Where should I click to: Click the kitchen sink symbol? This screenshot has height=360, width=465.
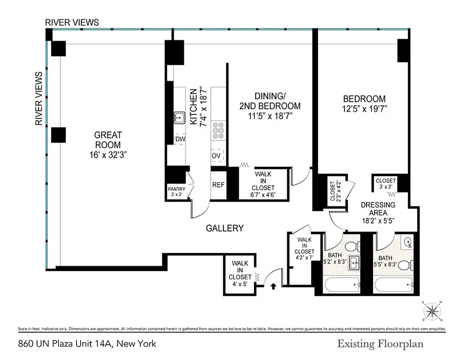point(179,118)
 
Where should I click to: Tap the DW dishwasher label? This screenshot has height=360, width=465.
point(180,139)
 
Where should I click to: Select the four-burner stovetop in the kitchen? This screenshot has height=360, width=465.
point(219,130)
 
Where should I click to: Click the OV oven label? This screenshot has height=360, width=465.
point(216,156)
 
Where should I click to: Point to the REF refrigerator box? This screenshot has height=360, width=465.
point(218,185)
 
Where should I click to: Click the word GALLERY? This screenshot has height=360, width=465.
point(224,228)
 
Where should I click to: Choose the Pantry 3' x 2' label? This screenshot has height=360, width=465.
point(176,192)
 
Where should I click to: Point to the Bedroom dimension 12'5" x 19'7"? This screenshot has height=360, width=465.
point(364,109)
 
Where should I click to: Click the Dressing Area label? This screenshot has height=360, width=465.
point(378,209)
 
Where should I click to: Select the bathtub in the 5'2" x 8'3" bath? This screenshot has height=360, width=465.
point(342,285)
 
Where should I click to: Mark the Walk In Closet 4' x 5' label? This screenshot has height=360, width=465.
point(240,274)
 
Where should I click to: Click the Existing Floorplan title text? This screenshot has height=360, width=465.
point(380,344)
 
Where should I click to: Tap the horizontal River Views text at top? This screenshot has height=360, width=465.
point(72,22)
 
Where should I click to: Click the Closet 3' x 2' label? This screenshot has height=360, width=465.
point(385,184)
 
